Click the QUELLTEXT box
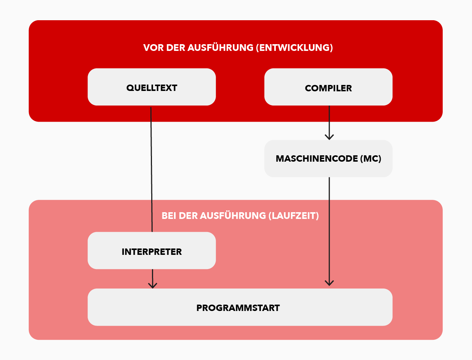tap(152, 87)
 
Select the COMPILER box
tap(328, 87)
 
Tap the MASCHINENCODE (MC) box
tap(328, 158)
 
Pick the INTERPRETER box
tap(152, 251)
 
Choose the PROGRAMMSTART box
tap(240, 308)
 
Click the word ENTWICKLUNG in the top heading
tap(295, 48)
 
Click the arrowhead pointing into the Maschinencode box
tap(329, 137)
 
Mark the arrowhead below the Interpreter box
tap(152, 285)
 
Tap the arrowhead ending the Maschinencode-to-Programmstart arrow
tap(329, 283)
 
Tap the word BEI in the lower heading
tap(169, 216)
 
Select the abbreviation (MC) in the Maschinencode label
tap(371, 159)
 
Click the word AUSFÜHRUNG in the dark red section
tap(220, 48)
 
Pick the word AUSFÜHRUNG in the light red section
tap(233, 216)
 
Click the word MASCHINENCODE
tap(317, 159)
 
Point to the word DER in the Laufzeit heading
tap(188, 216)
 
